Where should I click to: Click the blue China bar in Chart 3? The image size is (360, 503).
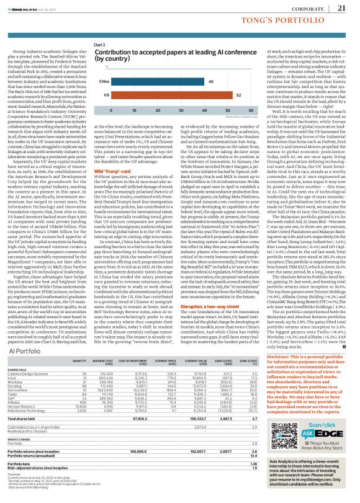click(157, 81)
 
